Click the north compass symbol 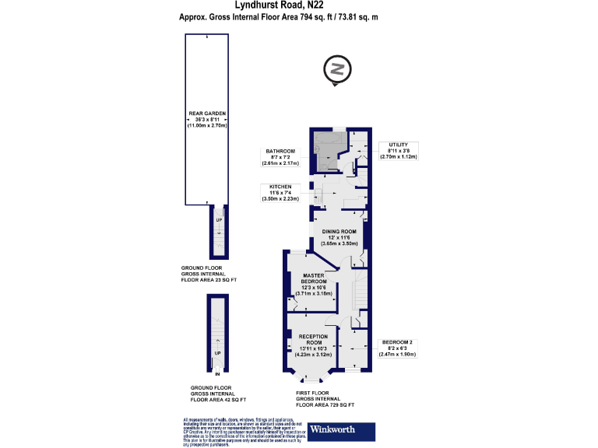tap(338, 68)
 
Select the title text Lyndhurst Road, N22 tap(298, 5)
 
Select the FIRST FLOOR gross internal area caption tap(325, 400)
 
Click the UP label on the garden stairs tap(219, 221)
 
